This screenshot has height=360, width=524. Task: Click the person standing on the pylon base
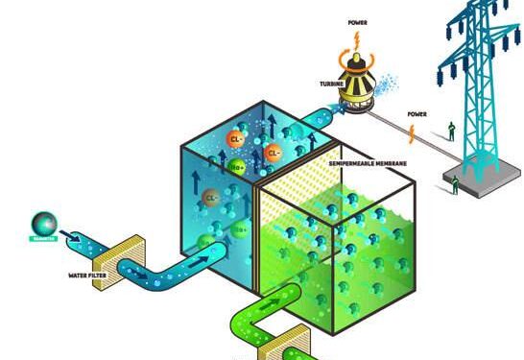(456, 182)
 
